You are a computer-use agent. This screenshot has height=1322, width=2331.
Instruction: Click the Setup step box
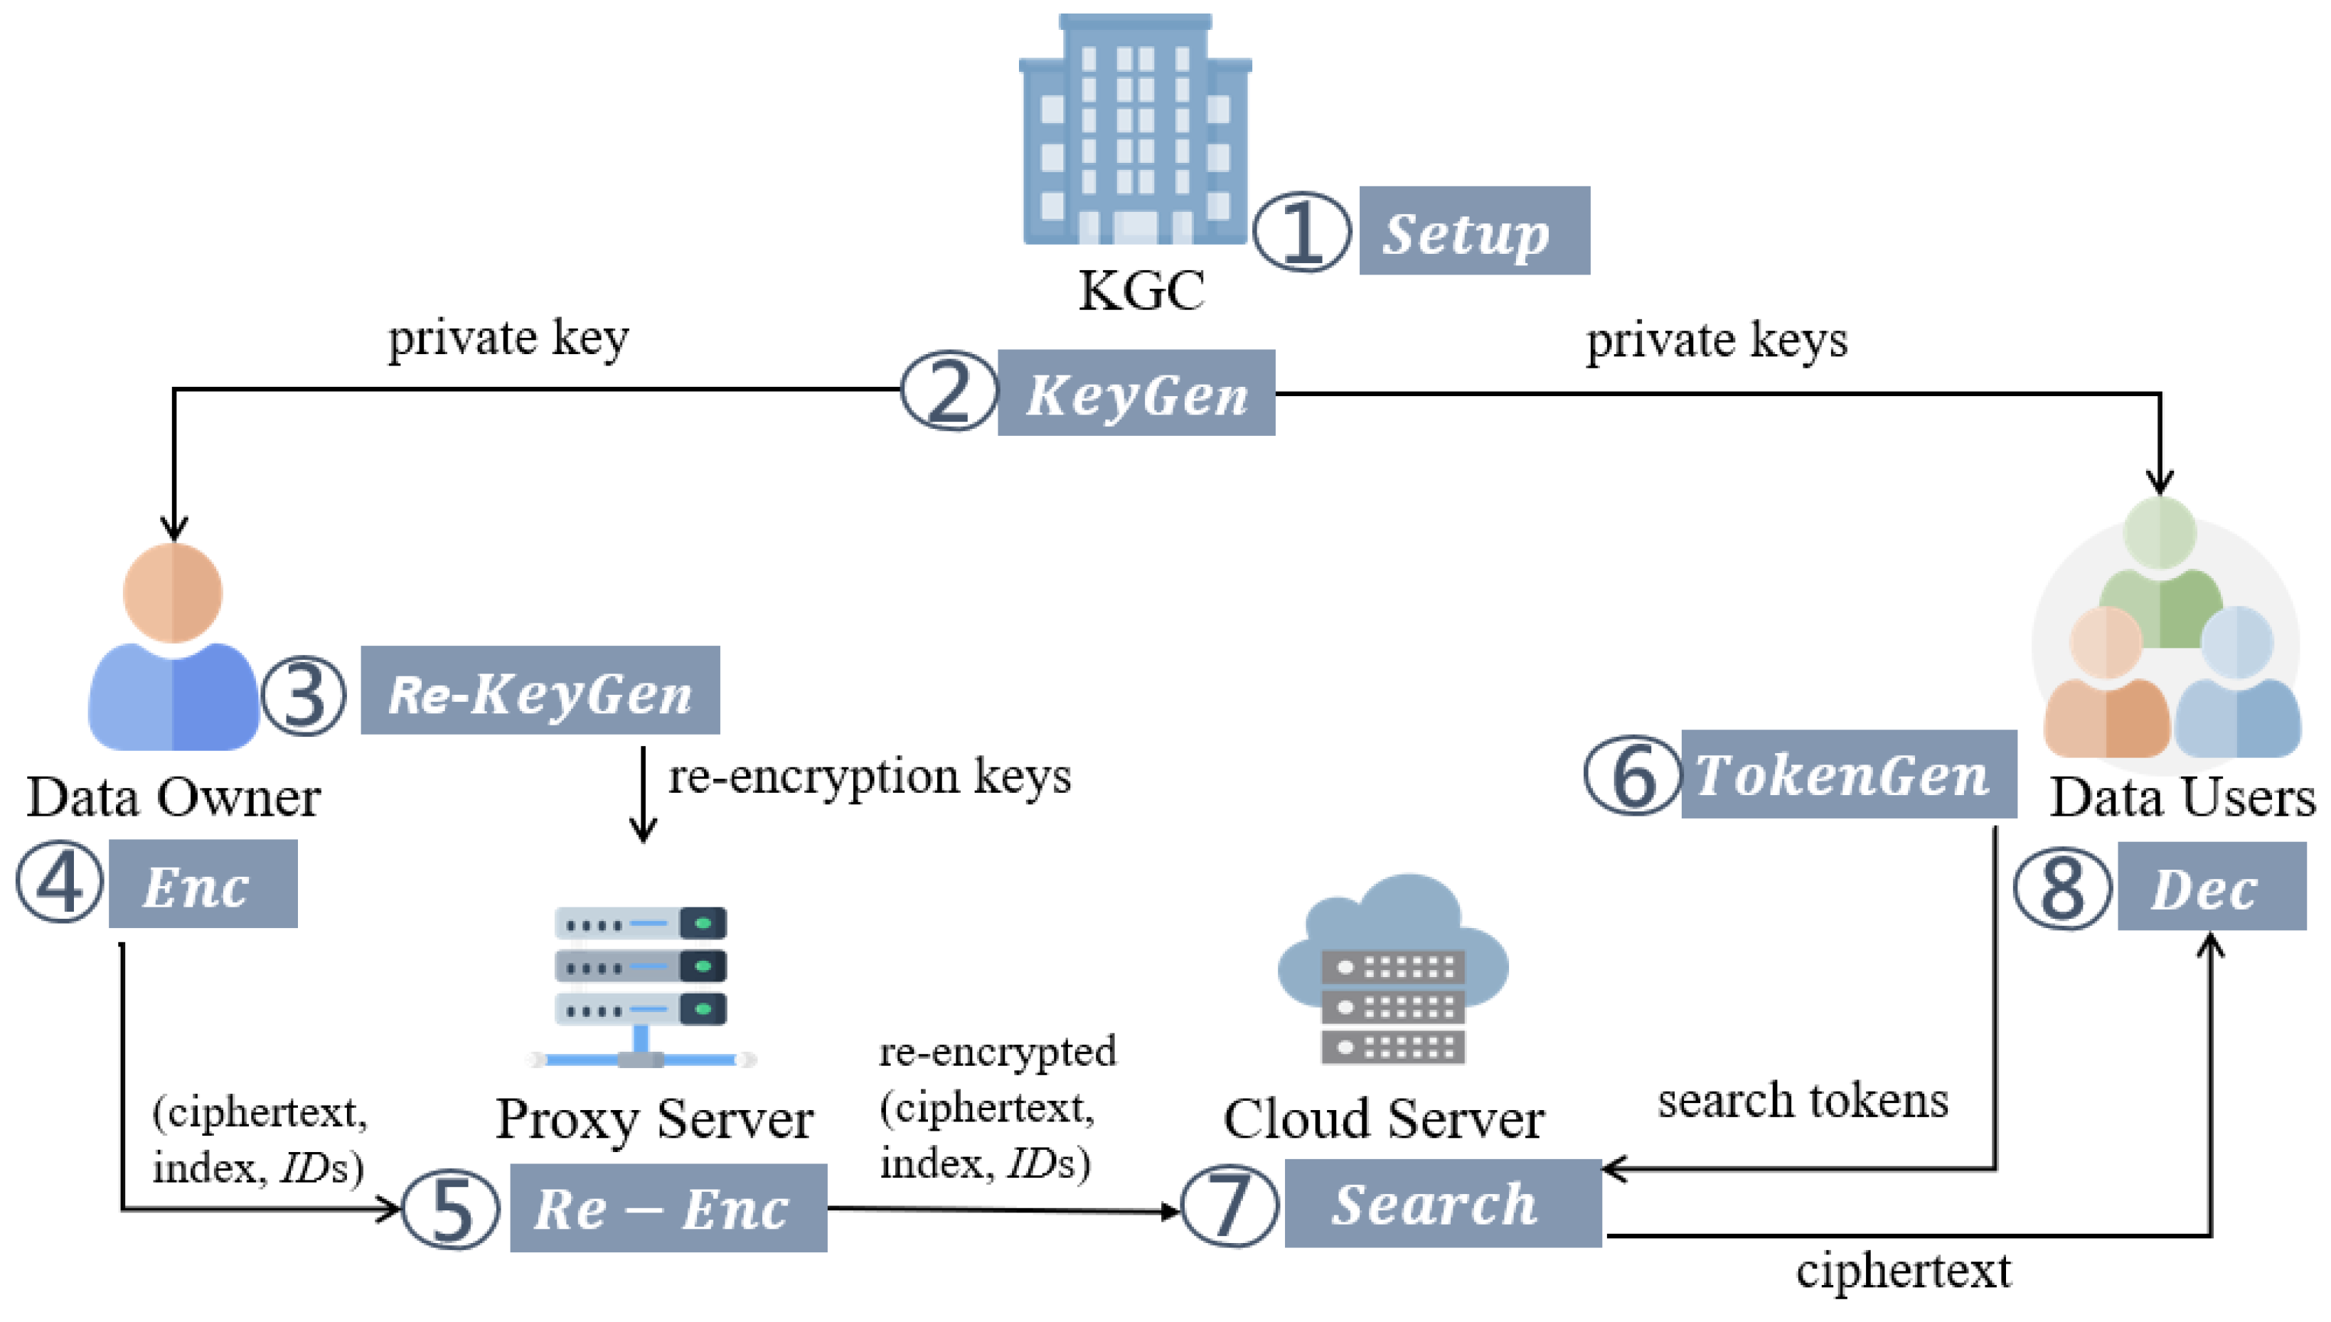point(1473,230)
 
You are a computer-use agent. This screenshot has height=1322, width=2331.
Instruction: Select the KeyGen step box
point(1136,393)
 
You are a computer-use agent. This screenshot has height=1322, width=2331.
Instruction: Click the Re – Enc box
point(668,1208)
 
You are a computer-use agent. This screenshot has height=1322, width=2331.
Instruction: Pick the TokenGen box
point(1848,774)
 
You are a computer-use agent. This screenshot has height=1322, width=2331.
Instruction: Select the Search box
point(1441,1203)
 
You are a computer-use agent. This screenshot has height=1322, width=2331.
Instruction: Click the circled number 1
point(1301,232)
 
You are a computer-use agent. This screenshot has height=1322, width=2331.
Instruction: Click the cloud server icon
point(1393,971)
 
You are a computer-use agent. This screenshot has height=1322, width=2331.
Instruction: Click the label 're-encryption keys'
point(869,777)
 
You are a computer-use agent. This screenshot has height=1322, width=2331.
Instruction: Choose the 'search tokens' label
point(1802,1102)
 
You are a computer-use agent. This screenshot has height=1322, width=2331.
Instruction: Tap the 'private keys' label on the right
point(1716,341)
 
